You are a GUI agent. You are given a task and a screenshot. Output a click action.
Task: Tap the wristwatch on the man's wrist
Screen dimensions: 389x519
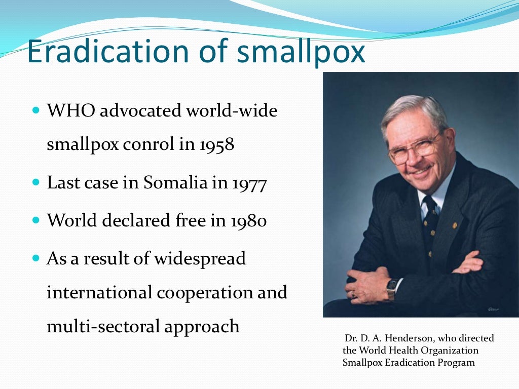(x=391, y=290)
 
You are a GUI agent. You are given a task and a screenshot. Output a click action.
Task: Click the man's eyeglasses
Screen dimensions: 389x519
(x=415, y=147)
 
